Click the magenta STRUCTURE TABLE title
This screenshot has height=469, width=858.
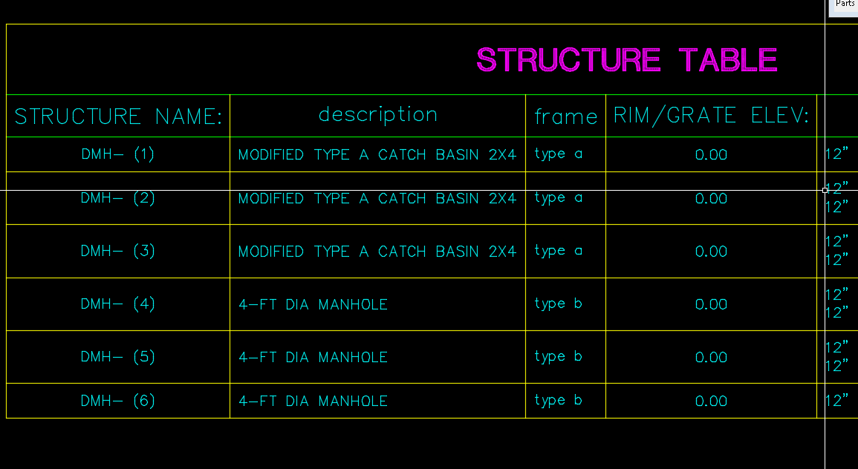(x=626, y=60)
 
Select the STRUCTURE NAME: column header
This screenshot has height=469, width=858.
(x=118, y=117)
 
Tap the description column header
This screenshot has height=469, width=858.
(x=377, y=115)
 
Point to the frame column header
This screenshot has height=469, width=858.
(x=565, y=117)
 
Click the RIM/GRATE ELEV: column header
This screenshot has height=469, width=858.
(x=711, y=116)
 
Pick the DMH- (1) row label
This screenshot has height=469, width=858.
(x=118, y=154)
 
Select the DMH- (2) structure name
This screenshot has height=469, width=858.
(x=118, y=198)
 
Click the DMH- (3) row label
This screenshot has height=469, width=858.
(x=118, y=252)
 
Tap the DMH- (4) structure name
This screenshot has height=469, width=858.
(x=118, y=304)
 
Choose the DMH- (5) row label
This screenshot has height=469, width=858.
(x=118, y=357)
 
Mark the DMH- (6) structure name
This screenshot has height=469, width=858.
(x=118, y=401)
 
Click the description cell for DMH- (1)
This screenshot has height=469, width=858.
(x=377, y=155)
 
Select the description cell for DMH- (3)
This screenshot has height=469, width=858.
(x=377, y=252)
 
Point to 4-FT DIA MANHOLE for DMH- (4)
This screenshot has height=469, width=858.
(x=313, y=304)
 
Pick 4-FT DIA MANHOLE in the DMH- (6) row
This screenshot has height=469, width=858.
(x=313, y=401)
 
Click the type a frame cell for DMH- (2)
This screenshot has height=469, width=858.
(x=558, y=198)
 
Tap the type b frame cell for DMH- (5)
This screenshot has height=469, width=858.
(x=558, y=357)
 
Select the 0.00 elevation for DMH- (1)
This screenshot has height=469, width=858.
(x=711, y=155)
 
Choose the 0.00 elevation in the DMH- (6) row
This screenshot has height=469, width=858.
(x=711, y=401)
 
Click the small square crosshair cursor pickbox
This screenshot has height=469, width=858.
(x=825, y=190)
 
